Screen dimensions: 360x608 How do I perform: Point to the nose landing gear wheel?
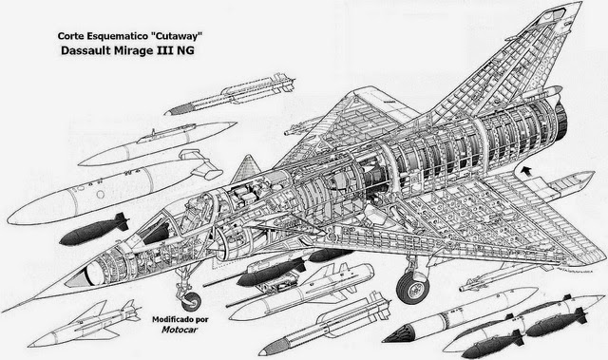point(191,301)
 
